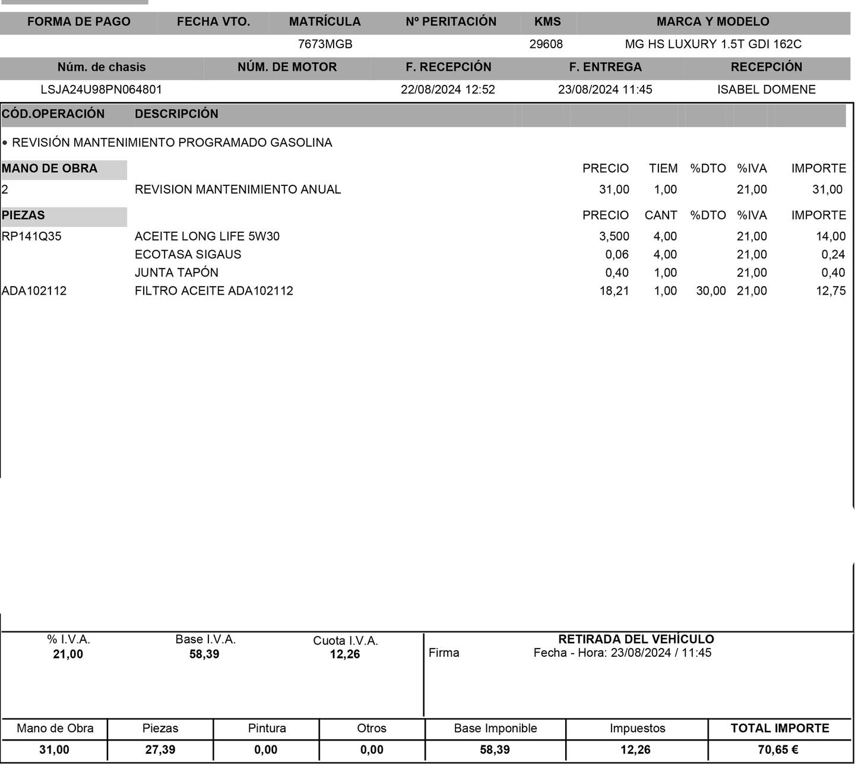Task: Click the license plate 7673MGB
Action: [325, 44]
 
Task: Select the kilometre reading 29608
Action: [546, 44]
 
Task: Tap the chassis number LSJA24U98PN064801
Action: [102, 90]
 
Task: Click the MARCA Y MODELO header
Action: [712, 22]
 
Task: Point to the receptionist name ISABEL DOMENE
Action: [766, 90]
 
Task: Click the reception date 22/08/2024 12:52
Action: [448, 90]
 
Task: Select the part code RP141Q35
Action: [31, 236]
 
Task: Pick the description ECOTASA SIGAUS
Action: [188, 254]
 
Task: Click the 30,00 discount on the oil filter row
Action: [711, 291]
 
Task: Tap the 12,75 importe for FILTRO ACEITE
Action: [831, 291]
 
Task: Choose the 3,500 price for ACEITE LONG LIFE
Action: [614, 236]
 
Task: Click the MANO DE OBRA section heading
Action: [50, 169]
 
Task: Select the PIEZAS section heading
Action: [24, 215]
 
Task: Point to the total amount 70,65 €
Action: [778, 750]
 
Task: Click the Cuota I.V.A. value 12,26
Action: [345, 654]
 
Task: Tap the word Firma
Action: [444, 653]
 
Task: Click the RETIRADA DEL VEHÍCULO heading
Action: [636, 639]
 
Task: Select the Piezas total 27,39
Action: [160, 750]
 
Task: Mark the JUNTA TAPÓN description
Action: [176, 273]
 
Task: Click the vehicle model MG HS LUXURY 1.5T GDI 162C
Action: [713, 44]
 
